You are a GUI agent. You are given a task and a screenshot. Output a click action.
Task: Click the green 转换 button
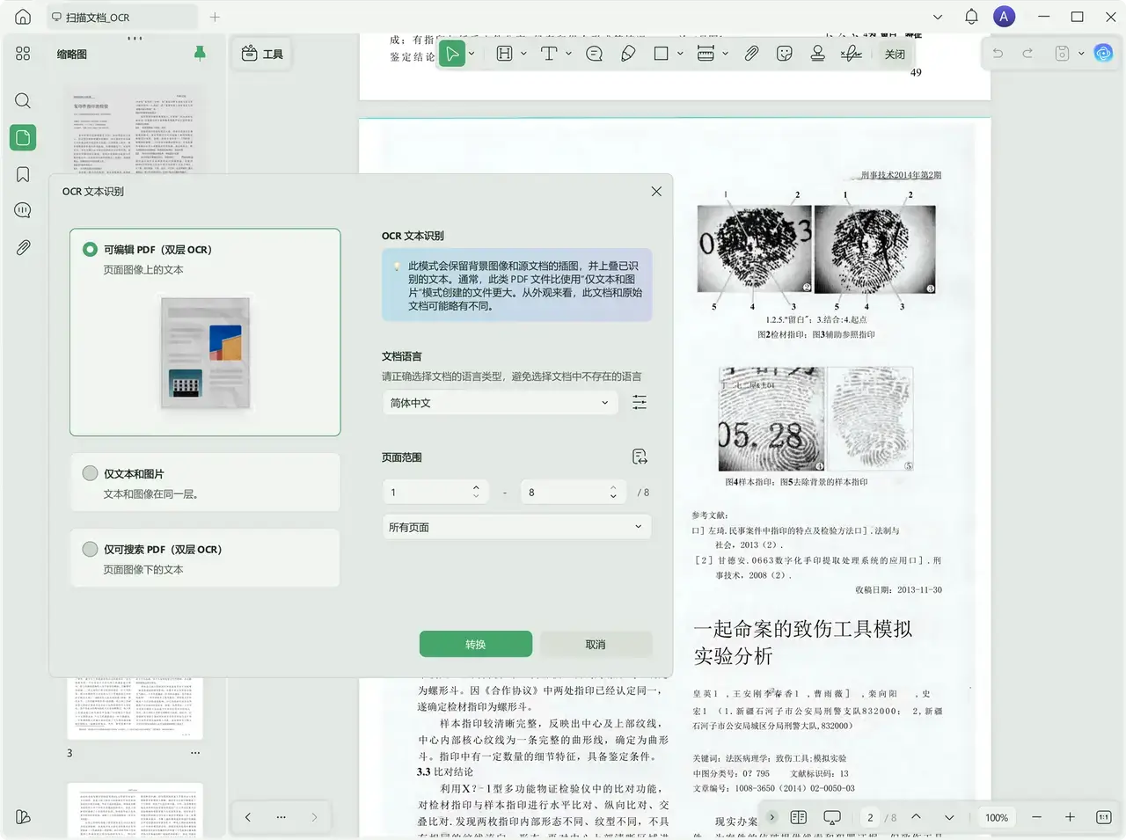[475, 644]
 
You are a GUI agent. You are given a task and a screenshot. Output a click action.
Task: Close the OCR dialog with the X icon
[656, 191]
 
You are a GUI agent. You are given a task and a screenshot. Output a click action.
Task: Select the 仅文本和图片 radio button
[90, 473]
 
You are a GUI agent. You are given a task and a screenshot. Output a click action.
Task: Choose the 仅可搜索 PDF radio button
[90, 549]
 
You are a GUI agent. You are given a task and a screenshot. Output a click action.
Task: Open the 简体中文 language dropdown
[499, 403]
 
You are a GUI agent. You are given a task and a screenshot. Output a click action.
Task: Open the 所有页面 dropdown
[515, 527]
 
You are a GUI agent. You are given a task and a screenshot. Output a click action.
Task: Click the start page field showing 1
[427, 493]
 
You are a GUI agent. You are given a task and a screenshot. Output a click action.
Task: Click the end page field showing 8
[564, 493]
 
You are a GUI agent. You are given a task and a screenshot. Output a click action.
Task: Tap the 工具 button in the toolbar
[261, 54]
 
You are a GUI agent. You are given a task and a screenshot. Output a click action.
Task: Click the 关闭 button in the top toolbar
[895, 54]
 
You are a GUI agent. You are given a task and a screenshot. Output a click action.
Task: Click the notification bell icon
[971, 17]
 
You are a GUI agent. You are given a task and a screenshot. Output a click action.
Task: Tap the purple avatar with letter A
[1004, 17]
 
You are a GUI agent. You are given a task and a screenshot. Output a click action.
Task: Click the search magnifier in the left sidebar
[23, 100]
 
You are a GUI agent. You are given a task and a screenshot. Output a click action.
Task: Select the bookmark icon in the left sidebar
[23, 174]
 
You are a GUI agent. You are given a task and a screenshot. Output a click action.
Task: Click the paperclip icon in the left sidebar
[23, 248]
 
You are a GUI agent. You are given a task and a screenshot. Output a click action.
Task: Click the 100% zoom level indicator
[996, 817]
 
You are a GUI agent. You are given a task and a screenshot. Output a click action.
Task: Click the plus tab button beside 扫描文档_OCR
[215, 17]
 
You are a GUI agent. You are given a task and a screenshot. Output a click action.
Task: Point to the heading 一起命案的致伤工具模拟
[802, 629]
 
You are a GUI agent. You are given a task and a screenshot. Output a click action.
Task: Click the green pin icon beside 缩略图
[200, 54]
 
